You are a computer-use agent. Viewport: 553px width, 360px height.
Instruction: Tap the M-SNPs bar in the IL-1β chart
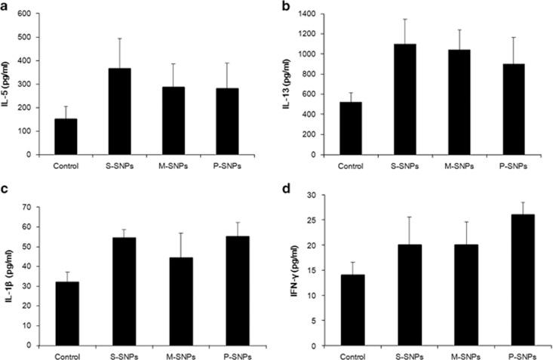point(173,301)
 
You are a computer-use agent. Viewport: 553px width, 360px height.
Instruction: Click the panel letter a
point(5,6)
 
